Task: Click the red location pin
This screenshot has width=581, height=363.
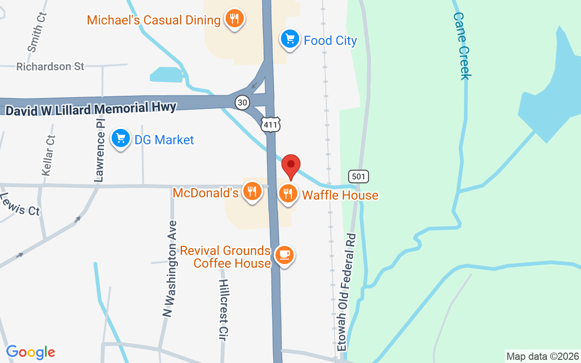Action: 291,166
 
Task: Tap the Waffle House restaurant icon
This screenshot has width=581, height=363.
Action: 288,194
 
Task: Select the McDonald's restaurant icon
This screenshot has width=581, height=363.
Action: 251,191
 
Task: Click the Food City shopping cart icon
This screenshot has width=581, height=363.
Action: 290,39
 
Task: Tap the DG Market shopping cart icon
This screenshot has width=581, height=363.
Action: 120,138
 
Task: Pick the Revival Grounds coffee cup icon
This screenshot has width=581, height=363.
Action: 285,255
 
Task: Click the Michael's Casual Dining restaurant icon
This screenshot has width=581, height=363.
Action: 234,19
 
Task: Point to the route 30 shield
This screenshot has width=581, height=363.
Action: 242,103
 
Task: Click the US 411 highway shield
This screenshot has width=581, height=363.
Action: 271,124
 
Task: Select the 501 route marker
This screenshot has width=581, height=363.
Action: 359,177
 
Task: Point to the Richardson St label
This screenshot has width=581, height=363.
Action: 50,67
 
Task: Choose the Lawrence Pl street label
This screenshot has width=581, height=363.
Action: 100,148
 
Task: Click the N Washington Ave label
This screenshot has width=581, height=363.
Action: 170,269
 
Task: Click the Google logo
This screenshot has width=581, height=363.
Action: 30,352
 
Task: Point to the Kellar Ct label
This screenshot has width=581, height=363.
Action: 48,156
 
